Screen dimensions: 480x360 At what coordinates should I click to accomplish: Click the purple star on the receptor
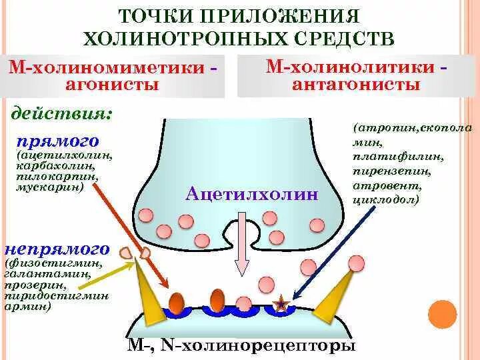click(283, 305)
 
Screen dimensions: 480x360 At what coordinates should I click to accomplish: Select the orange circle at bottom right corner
click(441, 313)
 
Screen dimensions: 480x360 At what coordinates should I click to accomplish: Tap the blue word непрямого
click(57, 249)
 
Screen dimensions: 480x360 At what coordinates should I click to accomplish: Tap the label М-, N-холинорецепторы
click(241, 347)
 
